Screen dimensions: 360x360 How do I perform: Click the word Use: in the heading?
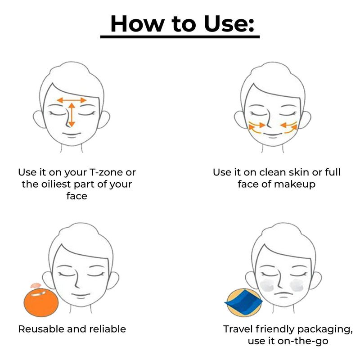[x=229, y=24]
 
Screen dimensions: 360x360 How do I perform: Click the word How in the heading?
[x=137, y=24]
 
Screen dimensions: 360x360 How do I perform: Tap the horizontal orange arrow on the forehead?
[x=72, y=100]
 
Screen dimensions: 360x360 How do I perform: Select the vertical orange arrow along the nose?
[x=72, y=115]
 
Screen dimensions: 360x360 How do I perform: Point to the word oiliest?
[x=56, y=184]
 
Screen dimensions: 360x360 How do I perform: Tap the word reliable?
[x=108, y=329]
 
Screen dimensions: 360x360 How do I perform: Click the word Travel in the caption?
[x=238, y=329]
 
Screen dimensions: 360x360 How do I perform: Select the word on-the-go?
[x=303, y=341]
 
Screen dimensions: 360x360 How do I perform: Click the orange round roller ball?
[x=41, y=303]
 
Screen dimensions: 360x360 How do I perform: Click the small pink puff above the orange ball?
[x=36, y=285]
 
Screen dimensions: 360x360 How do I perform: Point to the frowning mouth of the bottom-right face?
[x=283, y=294]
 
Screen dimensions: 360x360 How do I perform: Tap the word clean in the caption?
[x=273, y=172]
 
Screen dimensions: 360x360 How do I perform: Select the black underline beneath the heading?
[x=180, y=37]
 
